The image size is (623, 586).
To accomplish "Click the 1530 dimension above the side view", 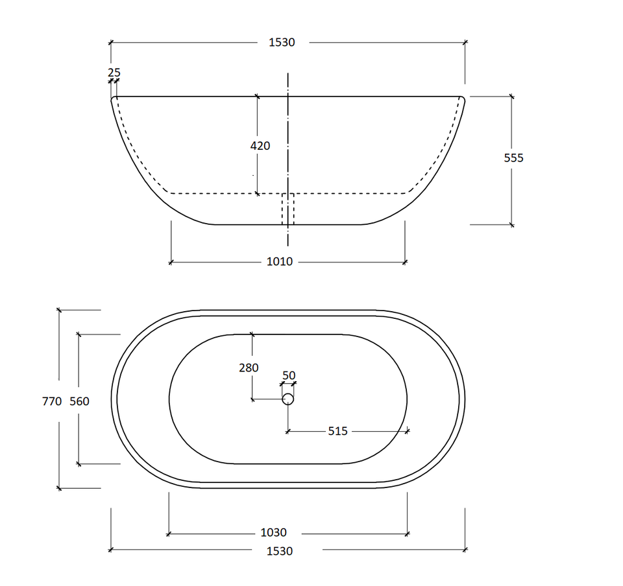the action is point(282,42).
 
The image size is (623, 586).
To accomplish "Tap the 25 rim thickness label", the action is point(114,73).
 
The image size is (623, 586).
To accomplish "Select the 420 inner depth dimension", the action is point(260,146).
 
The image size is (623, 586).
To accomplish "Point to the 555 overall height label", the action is point(514,158).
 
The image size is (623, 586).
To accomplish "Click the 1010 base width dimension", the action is point(279,261).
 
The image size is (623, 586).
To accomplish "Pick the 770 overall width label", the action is point(52,401).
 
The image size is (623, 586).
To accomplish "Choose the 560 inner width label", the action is point(79,401).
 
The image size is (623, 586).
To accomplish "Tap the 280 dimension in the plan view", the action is point(249,368).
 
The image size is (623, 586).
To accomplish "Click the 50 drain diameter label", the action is point(289,375).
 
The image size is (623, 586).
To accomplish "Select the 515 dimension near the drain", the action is point(337,431).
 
